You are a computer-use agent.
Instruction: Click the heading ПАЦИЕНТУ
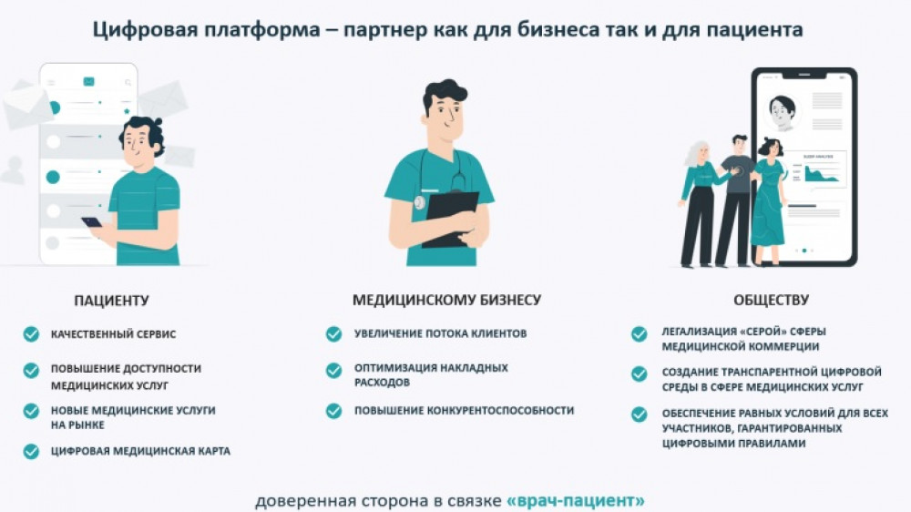(111, 301)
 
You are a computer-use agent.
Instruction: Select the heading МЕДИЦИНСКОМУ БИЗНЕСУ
(446, 300)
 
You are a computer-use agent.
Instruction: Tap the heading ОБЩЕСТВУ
(771, 301)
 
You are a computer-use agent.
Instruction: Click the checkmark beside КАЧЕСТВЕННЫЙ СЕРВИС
(31, 334)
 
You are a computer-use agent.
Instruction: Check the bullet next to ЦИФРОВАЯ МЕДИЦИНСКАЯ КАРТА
(31, 452)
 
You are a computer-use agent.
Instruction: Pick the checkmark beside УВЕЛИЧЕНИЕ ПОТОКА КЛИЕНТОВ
(334, 333)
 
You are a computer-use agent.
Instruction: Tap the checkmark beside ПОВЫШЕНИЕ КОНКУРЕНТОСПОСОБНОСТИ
(334, 411)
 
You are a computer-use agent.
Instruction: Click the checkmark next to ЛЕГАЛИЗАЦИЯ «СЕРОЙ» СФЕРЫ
(640, 334)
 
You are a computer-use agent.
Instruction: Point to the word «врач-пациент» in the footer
(576, 500)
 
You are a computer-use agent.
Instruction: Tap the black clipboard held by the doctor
(452, 219)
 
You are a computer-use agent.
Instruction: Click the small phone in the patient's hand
(91, 222)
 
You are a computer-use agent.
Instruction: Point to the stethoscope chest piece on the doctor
(419, 203)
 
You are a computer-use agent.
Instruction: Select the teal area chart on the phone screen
(821, 174)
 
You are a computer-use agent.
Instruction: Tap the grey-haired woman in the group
(699, 204)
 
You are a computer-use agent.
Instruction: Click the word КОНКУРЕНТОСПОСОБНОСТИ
(500, 410)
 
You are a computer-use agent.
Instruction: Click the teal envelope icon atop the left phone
(89, 81)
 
